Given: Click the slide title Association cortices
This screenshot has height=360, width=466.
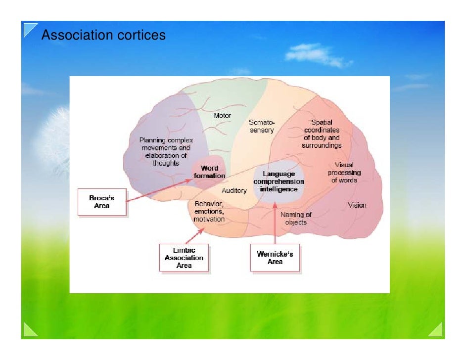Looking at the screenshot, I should pos(103,36).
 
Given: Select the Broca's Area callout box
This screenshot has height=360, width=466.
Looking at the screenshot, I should pos(101,202).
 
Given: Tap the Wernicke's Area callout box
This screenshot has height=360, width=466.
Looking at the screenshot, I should pos(275,258).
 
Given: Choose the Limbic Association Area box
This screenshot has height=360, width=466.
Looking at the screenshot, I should pos(184,258).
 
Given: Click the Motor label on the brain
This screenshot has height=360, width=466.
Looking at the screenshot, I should pos(222,115).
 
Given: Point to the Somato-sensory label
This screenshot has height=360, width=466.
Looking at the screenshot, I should pos(261,126).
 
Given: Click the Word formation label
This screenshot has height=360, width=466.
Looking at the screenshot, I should pos(209,172).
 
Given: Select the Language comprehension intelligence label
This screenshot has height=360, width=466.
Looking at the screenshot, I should pos(279,181).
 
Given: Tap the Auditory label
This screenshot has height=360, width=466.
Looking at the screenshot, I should pos(234,190).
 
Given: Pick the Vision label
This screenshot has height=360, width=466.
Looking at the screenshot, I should pos(357,205).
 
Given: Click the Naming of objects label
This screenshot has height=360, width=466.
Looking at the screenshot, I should pos(296,218).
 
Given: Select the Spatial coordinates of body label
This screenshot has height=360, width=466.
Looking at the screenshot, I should pos(322,134).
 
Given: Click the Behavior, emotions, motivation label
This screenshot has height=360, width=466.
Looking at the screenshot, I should pos(209,211).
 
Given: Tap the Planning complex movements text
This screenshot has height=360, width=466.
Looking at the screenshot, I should pos(166,151).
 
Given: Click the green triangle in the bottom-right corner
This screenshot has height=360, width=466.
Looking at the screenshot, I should pos(434,330).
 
